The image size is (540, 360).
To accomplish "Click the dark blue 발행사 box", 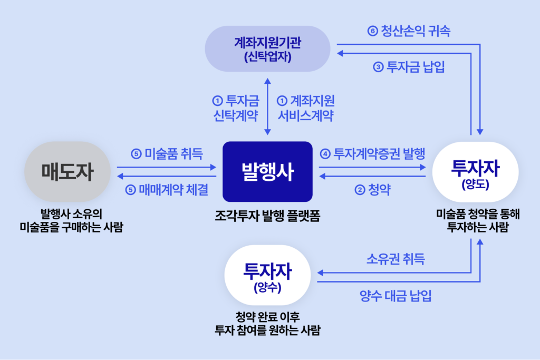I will (268, 171).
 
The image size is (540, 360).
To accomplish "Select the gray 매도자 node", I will (67, 172).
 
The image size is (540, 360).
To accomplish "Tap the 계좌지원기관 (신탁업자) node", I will (268, 49).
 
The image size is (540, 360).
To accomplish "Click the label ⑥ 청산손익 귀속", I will (409, 31).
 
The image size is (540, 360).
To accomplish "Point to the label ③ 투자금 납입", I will (409, 67).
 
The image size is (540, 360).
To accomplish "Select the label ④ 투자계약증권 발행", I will (372, 154).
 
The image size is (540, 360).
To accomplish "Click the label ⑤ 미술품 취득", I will (167, 154).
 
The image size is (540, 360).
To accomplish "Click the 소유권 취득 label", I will (396, 259).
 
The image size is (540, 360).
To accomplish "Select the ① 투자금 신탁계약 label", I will (235, 108).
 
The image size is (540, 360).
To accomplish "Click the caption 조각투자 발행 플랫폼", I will (267, 216).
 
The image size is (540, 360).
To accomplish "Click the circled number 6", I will (372, 31).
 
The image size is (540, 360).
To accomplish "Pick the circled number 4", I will (325, 154).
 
